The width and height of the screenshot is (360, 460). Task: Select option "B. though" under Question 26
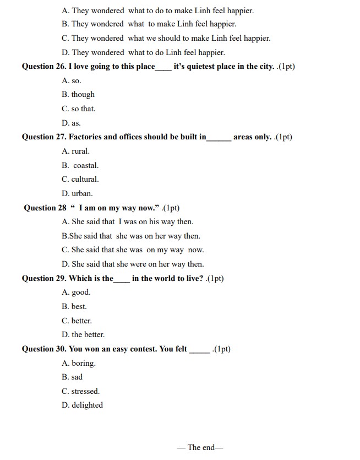click(78, 95)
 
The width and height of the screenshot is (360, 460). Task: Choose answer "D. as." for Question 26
click(71, 123)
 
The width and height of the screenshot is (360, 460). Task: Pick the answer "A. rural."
click(75, 151)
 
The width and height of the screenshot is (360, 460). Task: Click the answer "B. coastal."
click(80, 166)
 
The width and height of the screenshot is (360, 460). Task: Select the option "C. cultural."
click(80, 180)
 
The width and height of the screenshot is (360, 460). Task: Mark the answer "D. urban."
click(77, 194)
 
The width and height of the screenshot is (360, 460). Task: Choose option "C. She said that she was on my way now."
click(133, 250)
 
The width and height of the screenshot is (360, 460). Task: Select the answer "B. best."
click(74, 307)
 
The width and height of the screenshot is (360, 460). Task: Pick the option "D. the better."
click(83, 335)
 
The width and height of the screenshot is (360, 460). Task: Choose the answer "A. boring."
click(79, 364)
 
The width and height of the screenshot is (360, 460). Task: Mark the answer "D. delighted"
click(82, 405)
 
